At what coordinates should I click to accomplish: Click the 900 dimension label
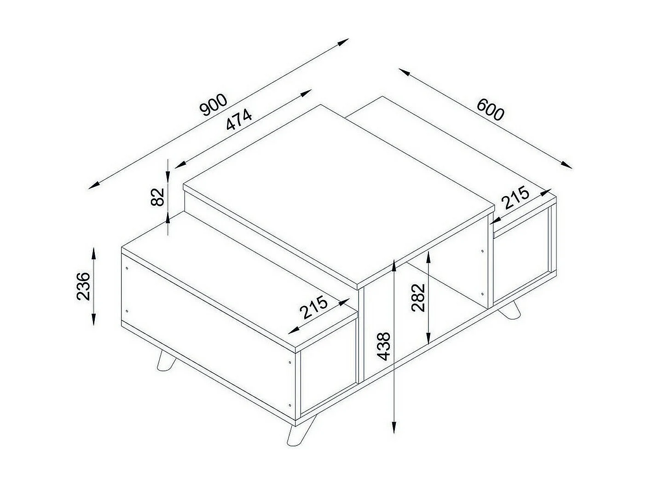tap(214, 105)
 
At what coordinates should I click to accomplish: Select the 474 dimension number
tap(239, 120)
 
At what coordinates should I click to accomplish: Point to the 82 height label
tap(157, 197)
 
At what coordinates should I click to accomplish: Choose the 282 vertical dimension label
tap(418, 298)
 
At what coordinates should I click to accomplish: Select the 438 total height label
tap(383, 346)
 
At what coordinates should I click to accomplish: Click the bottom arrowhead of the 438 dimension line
tap(394, 428)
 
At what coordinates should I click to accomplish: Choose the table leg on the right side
tap(511, 310)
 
